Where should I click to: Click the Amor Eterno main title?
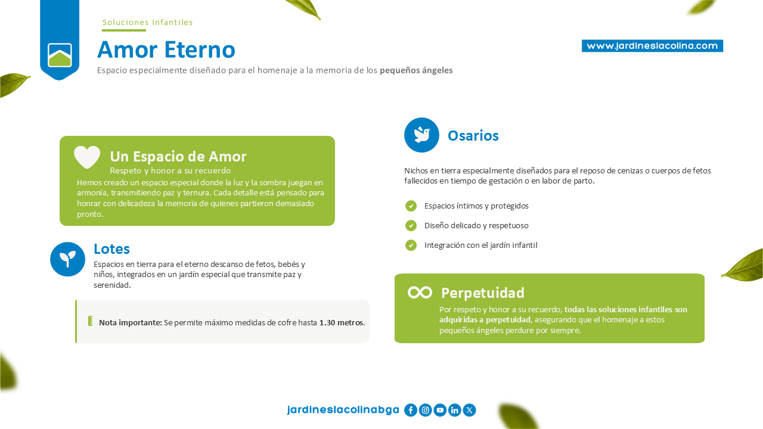coord(166,49)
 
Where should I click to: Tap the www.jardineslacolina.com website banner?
coord(652,46)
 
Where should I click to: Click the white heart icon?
coord(87,157)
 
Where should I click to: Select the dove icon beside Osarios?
coord(421,135)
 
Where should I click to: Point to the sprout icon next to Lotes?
coord(67,259)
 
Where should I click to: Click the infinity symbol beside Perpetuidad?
coord(420,293)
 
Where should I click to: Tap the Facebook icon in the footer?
coord(411,410)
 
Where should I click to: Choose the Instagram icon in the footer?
coord(425,410)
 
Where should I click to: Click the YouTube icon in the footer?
coord(440,410)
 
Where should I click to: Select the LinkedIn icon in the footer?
coord(454,410)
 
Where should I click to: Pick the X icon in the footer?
coord(469,410)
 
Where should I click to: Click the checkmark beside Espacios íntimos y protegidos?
coord(411,206)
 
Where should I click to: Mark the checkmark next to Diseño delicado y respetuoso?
coord(411,225)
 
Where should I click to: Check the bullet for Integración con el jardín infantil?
coord(411,245)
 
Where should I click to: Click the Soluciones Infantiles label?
coord(147,23)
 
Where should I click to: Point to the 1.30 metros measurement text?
coord(342,322)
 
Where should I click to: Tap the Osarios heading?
coord(473,135)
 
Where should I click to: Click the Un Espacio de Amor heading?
coord(178,157)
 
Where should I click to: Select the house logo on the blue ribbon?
coord(60,55)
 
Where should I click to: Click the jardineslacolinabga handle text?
coord(343,409)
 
